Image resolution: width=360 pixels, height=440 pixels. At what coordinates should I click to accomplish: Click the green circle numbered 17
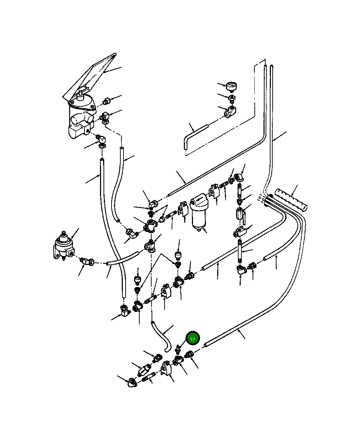coord(193,339)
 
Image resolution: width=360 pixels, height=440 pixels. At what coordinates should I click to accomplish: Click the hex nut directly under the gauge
coord(232,97)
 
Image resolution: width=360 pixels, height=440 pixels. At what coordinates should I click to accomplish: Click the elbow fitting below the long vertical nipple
coord(241,269)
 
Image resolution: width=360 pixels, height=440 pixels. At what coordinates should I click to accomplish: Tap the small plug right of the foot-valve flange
coord(106,102)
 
